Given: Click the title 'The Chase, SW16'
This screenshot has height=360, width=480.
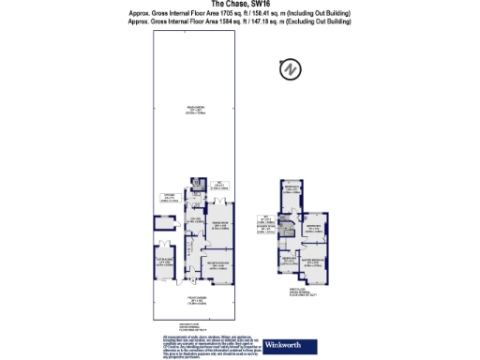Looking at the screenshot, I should [240, 4].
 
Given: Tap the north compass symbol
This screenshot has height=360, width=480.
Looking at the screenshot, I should [290, 69].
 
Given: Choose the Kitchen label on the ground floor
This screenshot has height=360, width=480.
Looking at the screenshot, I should [197, 220].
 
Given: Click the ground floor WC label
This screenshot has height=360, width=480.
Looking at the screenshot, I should [216, 186].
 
